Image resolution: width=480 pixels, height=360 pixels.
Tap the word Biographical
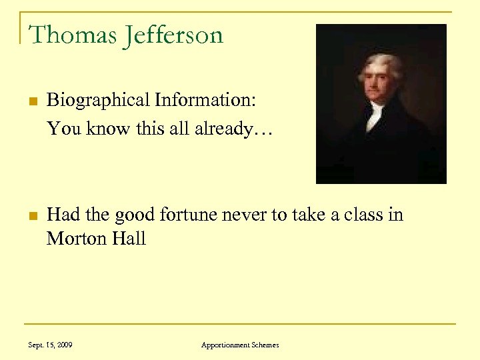98,101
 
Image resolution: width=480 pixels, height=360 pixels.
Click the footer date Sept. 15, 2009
51,345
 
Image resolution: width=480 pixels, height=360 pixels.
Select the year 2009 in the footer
65,345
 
